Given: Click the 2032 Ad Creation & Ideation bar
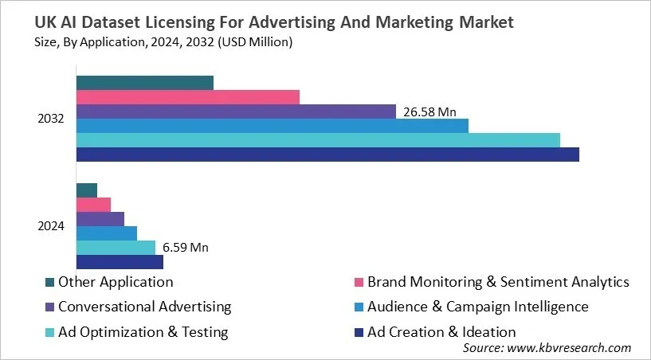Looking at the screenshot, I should (x=327, y=155).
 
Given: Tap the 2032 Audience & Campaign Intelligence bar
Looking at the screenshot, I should (x=272, y=126).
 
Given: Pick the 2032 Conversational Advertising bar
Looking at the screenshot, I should (x=236, y=112).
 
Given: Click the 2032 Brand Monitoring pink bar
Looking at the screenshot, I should (x=187, y=97).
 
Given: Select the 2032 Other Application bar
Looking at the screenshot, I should (x=144, y=83).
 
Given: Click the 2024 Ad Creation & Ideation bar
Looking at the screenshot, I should (x=120, y=262).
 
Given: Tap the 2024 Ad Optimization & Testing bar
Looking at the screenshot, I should (x=116, y=248).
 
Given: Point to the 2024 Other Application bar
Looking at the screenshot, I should (x=86, y=190).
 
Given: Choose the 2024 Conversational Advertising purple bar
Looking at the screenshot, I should (x=100, y=219).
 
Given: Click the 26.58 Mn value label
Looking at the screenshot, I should (x=429, y=112).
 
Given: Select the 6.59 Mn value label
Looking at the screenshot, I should (x=185, y=248).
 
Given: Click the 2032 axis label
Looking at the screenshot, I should (x=51, y=119).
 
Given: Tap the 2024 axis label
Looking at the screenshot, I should (x=51, y=226).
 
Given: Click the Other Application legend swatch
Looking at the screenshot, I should (x=50, y=282).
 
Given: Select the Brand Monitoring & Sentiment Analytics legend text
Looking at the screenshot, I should (x=498, y=282).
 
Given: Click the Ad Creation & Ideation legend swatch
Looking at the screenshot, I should (x=359, y=332).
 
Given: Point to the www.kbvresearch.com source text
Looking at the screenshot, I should (x=570, y=348).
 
